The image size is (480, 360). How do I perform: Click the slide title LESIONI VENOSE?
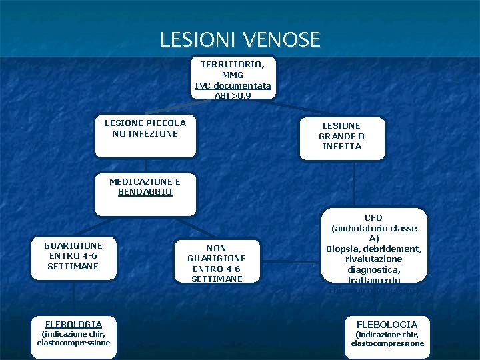pos(240,40)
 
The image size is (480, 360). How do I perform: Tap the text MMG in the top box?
pos(233,75)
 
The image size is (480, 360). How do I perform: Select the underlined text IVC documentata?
pos(233,85)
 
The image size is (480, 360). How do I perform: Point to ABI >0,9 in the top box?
pos(233,95)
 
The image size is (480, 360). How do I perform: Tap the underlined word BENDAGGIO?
pos(145,192)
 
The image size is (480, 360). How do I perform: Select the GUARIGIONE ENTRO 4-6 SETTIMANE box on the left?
pos(73,256)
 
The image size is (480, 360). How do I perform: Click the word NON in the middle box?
pos(217,248)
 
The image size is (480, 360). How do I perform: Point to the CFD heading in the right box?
pos(373,218)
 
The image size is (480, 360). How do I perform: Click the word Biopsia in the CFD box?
pos(342,249)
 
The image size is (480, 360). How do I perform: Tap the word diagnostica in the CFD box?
pos(373,269)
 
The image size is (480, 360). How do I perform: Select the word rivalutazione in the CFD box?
pos(373,259)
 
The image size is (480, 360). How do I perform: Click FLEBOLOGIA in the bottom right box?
pos(387,325)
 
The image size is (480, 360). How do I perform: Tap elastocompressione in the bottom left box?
pos(73,343)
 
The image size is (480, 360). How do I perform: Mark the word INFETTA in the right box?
pos(341,147)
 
